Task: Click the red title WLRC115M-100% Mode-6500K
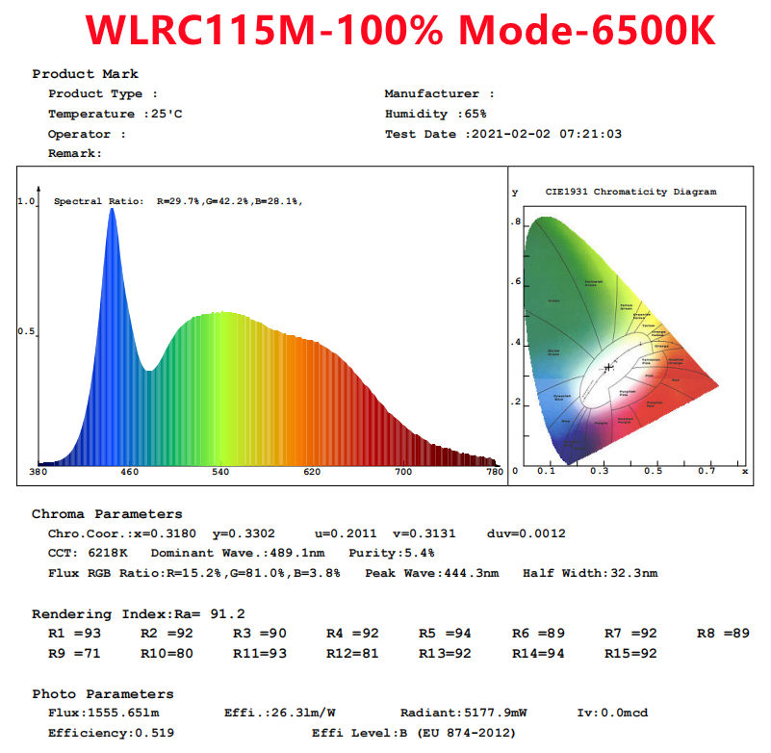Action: [x=399, y=30]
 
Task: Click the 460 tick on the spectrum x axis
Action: [x=129, y=473]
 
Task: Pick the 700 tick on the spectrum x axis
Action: [x=403, y=473]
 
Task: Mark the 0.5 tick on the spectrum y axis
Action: [x=26, y=332]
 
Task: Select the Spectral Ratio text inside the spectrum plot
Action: [x=178, y=201]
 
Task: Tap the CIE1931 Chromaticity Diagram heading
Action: [x=630, y=192]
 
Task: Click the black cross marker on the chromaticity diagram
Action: [x=608, y=367]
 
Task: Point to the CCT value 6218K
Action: [x=107, y=554]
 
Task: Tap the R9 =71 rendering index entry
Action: [x=74, y=653]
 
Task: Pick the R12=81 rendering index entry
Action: [x=352, y=653]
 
